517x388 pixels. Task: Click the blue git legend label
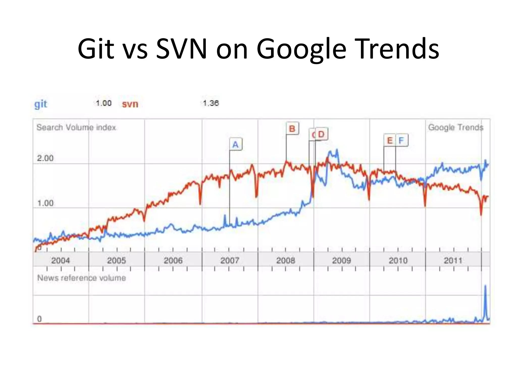[x=41, y=104]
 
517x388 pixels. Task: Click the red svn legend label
[x=130, y=104]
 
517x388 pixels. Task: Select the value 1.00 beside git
[x=104, y=103]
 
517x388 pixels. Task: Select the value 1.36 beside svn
[x=211, y=103]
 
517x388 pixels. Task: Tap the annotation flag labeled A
[x=236, y=144]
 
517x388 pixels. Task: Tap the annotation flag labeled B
[x=292, y=129]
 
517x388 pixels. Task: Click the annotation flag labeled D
[x=321, y=134]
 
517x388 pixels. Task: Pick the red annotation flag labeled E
[x=390, y=140]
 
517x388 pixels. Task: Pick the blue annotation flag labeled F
[x=402, y=140]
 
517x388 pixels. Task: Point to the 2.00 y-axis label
[x=45, y=158]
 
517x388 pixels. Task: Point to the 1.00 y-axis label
[x=45, y=203]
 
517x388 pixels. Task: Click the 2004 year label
[x=61, y=260]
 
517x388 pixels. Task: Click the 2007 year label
[x=229, y=260]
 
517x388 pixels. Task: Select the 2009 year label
[x=341, y=260]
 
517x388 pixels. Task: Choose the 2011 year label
[x=453, y=260]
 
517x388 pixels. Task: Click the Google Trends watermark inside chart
[x=455, y=127]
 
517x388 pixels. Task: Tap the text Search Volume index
[x=76, y=127]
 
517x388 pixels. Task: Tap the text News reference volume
[x=81, y=278]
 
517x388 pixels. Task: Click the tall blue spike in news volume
[x=485, y=301]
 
